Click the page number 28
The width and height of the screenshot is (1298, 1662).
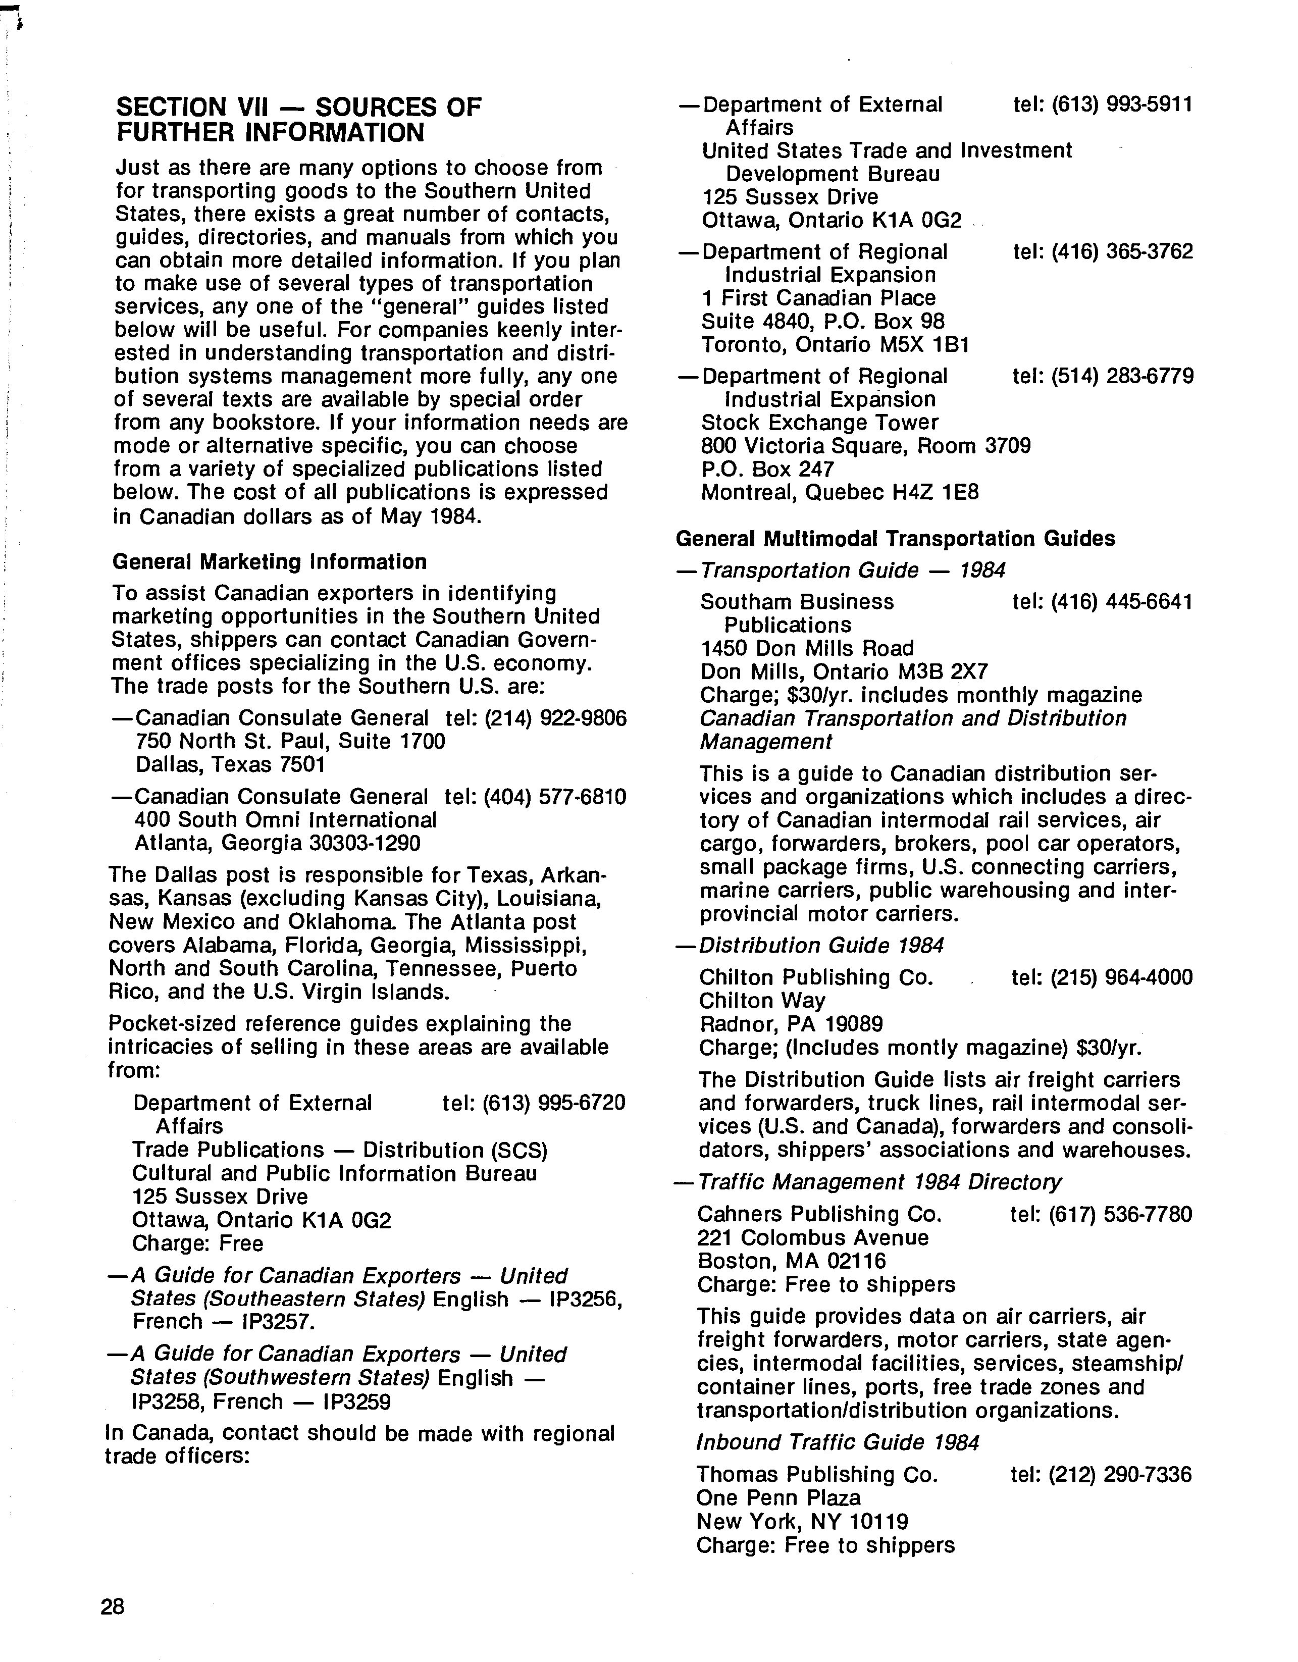112,1606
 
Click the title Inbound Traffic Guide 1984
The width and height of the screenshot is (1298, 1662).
838,1443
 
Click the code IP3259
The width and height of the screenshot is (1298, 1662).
357,1401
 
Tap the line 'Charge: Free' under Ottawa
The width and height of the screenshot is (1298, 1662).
198,1243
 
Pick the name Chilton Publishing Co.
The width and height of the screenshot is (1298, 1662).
816,978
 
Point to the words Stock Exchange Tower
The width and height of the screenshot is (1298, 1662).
819,423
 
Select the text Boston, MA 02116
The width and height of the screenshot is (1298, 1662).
791,1261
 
